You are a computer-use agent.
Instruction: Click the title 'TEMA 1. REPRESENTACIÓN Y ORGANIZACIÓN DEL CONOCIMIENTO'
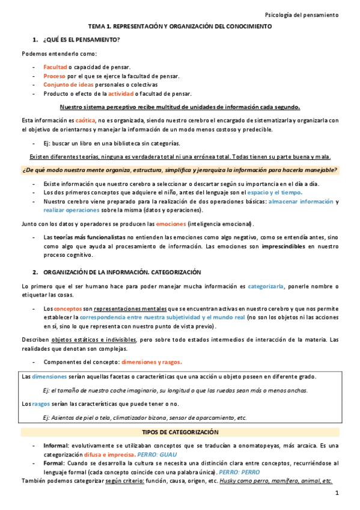[x=180, y=27]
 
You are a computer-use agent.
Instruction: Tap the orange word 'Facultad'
[x=55, y=67]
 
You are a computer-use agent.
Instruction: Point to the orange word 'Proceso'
[x=54, y=76]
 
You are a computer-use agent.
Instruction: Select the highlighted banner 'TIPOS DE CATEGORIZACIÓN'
[x=180, y=432]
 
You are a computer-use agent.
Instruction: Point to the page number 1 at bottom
[x=337, y=493]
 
